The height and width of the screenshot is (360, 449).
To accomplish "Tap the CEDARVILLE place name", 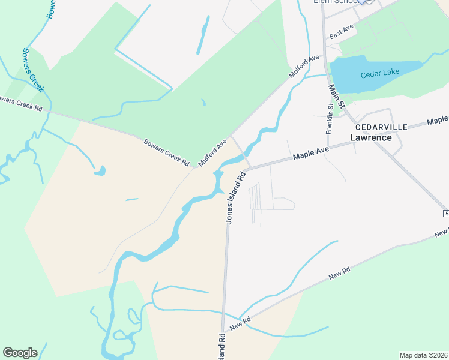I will pyautogui.click(x=381, y=127).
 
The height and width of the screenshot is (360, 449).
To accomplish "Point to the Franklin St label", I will pyautogui.click(x=329, y=118).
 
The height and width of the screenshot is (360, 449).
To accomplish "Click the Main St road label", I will pyautogui.click(x=337, y=96).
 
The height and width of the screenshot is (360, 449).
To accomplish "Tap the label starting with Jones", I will pyautogui.click(x=236, y=197).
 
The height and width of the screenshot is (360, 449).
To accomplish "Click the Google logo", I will pyautogui.click(x=20, y=353).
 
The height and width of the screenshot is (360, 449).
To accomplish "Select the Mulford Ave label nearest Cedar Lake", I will pyautogui.click(x=304, y=67).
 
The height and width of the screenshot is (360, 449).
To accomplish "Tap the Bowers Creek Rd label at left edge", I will pyautogui.click(x=22, y=104).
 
